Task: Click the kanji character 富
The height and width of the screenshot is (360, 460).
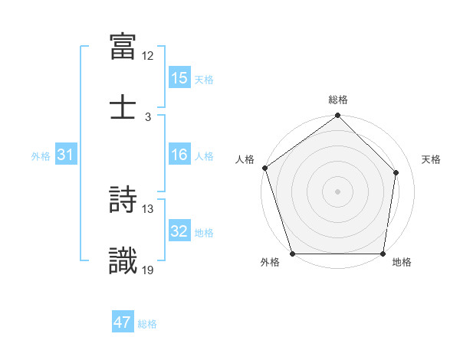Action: click(123, 47)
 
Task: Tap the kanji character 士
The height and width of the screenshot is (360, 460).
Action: click(123, 106)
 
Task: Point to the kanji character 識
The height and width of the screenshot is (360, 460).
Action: click(123, 260)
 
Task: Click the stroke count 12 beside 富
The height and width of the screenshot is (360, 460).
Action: click(148, 56)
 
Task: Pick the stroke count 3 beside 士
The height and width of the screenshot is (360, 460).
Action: click(148, 116)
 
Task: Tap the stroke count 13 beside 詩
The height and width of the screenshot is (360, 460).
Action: click(148, 208)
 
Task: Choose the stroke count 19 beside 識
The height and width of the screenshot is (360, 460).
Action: click(148, 269)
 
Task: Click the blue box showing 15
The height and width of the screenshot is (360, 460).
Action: click(179, 78)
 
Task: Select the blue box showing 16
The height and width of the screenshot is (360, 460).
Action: click(179, 155)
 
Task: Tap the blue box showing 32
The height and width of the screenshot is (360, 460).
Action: click(179, 231)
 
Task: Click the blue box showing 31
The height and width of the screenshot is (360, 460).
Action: click(66, 155)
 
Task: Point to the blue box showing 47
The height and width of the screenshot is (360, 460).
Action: click(123, 322)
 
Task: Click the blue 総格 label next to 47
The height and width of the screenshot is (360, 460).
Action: click(147, 324)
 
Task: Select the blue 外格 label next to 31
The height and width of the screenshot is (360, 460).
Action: click(41, 156)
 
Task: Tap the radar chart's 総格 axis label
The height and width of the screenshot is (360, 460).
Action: click(337, 100)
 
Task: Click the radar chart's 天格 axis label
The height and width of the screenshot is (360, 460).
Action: click(432, 159)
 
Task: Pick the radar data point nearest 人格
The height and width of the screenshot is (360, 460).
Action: click(264, 168)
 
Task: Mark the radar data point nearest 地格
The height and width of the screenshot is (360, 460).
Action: click(383, 254)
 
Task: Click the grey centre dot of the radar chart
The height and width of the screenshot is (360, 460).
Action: click(337, 191)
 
